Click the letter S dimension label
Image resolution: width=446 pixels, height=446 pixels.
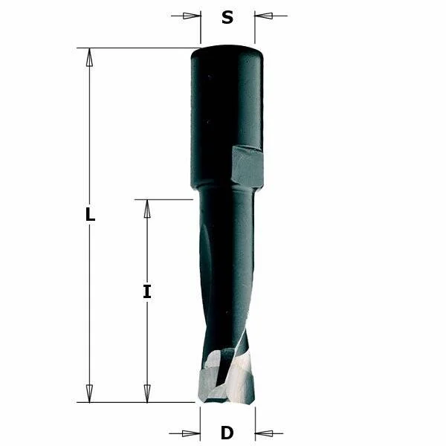click(x=227, y=17)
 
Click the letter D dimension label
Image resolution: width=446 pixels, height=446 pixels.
click(x=227, y=433)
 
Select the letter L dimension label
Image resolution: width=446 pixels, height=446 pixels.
click(x=90, y=215)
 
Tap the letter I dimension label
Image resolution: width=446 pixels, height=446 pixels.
click(x=146, y=291)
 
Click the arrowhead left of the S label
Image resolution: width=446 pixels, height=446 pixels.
click(x=192, y=16)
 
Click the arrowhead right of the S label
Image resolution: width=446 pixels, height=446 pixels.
click(x=264, y=16)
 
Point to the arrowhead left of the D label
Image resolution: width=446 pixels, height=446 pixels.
click(x=191, y=433)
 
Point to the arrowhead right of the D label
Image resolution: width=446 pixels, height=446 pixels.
click(x=264, y=433)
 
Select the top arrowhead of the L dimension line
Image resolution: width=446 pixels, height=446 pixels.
click(x=90, y=57)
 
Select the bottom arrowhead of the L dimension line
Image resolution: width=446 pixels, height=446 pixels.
click(x=90, y=393)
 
